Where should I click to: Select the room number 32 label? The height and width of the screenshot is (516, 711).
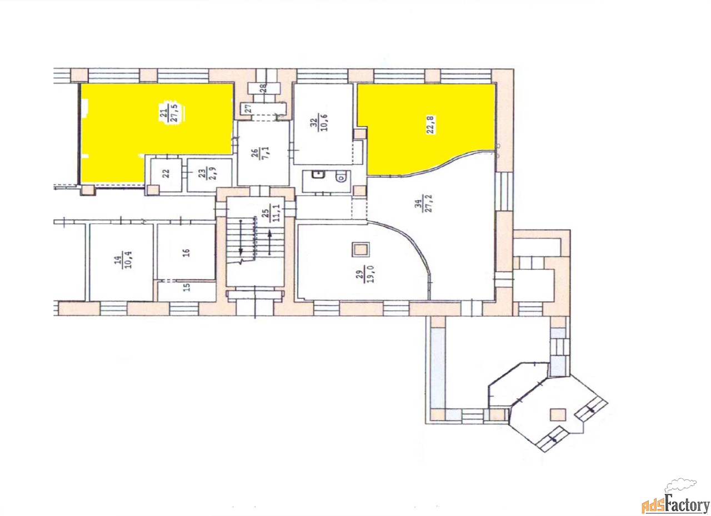(x=313, y=123)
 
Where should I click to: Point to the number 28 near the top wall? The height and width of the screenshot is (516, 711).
(x=264, y=88)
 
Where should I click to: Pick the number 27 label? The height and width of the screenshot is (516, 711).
(x=248, y=108)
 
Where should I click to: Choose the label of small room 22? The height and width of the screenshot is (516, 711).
(x=166, y=173)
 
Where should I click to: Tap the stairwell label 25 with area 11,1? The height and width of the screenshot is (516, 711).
(x=272, y=213)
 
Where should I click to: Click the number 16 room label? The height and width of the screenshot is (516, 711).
(x=186, y=252)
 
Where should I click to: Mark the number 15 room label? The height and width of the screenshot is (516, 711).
(x=187, y=287)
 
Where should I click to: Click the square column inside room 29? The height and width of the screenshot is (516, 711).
(x=360, y=250)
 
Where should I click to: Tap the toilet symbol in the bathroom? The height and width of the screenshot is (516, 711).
(x=341, y=176)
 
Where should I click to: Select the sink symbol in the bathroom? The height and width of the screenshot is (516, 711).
(x=317, y=174)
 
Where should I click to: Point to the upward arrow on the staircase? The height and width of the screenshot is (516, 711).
(x=270, y=242)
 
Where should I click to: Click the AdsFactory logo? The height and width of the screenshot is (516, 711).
(x=675, y=498)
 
